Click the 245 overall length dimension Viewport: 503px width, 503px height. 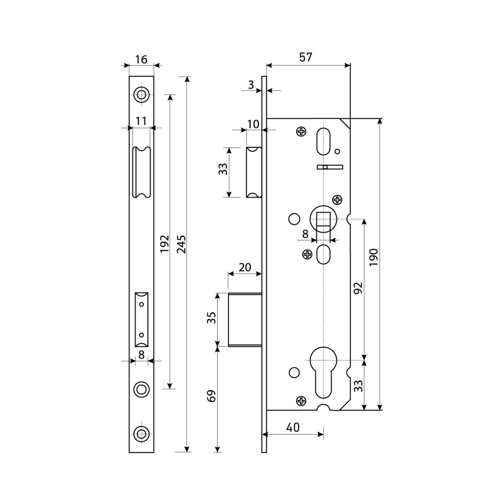coord(181,245)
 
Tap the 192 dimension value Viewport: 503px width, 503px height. coord(165,244)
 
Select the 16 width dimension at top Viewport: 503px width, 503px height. coord(141,59)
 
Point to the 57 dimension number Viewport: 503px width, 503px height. coord(306,57)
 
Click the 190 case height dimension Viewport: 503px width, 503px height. coord(374,257)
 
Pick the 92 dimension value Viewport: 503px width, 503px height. coord(358,288)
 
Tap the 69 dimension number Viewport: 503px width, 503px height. coord(211,396)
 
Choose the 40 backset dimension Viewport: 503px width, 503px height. coord(293,427)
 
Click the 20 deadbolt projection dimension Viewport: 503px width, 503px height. coord(245,267)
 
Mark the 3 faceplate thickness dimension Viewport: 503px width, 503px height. coord(251,84)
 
